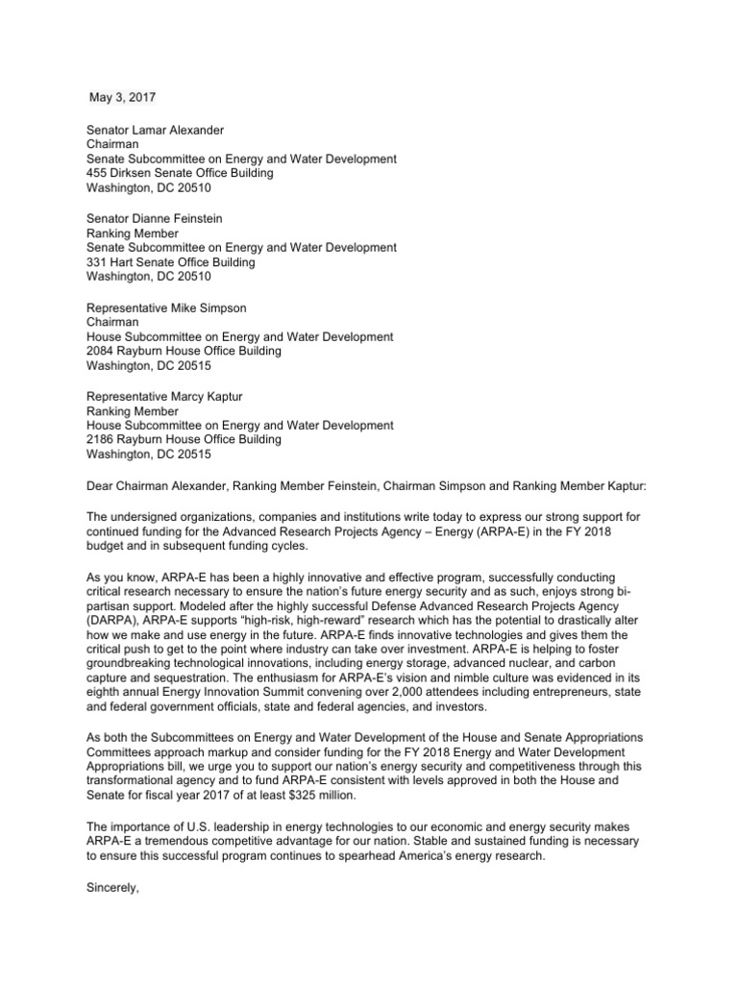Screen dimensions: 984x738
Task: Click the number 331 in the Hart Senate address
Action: tap(98, 262)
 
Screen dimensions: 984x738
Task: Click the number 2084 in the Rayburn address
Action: tap(101, 352)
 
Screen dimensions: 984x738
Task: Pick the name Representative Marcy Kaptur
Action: tap(166, 396)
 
